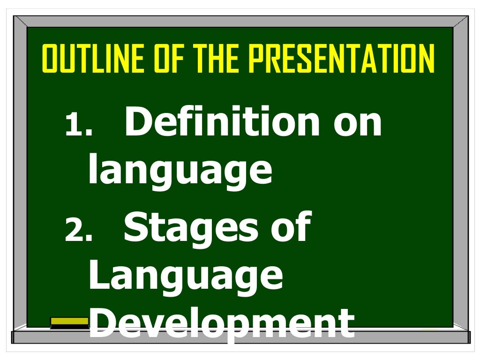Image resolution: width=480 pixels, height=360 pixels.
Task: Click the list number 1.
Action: pyautogui.click(x=78, y=126)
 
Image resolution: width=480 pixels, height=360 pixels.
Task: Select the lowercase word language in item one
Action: pyautogui.click(x=180, y=171)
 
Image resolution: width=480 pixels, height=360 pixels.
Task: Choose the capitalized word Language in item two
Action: pyautogui.click(x=186, y=277)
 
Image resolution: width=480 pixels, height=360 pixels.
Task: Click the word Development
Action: pyautogui.click(x=221, y=325)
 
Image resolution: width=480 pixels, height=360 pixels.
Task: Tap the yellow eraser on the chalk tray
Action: pyautogui.click(x=69, y=322)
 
